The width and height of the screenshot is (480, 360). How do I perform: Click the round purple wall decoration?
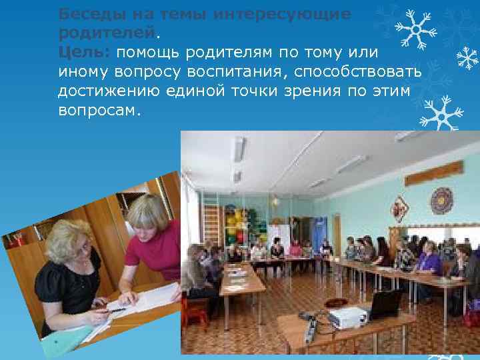click(441, 200)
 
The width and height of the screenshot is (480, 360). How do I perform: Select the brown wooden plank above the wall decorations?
click(433, 173)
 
